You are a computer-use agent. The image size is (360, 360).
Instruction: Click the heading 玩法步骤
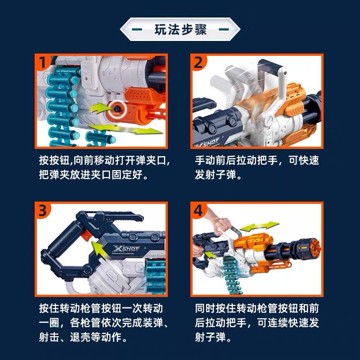pyautogui.click(x=180, y=29)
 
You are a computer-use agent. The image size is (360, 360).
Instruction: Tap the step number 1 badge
pyautogui.click(x=43, y=62)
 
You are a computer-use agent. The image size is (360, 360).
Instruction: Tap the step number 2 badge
pyautogui.click(x=199, y=62)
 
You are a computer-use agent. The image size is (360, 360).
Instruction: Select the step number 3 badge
pyautogui.click(x=43, y=210)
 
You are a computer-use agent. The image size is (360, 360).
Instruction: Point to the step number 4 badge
pyautogui.click(x=199, y=210)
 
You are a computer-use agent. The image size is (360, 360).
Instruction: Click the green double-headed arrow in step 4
pyautogui.click(x=259, y=226)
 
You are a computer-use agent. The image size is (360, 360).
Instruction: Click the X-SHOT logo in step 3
pyautogui.click(x=126, y=249)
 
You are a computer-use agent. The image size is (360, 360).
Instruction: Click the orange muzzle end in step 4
pyautogui.click(x=313, y=248)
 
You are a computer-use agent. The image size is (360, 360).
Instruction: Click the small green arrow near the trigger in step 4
pyautogui.click(x=209, y=254)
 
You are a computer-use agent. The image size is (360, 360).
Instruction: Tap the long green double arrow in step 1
pyautogui.click(x=126, y=129)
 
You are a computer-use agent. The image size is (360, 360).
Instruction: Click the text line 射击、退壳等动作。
pyautogui.click(x=83, y=337)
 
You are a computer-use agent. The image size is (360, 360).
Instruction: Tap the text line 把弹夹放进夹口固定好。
pyautogui.click(x=94, y=175)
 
